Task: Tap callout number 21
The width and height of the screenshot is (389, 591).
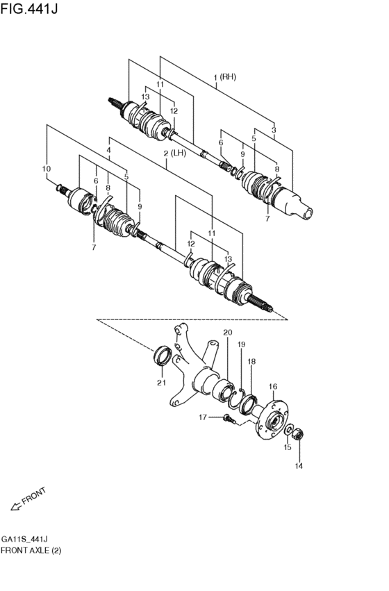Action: (160, 382)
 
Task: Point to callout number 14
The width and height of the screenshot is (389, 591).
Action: (299, 465)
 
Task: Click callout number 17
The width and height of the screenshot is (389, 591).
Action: (203, 417)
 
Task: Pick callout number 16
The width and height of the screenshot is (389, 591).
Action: (273, 387)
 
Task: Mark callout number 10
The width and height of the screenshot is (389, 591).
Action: (47, 169)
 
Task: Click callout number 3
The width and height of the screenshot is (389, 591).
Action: (274, 129)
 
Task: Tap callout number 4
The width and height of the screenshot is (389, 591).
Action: (108, 149)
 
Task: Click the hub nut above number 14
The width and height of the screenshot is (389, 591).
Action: (299, 435)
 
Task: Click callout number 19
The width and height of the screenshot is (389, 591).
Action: (242, 344)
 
